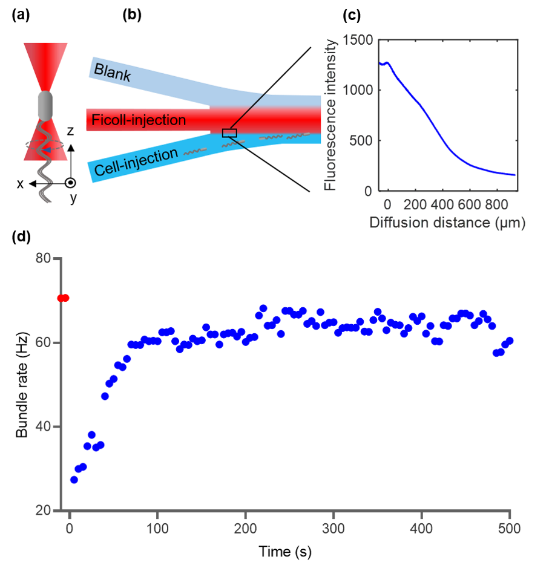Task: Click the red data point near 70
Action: pos(63,298)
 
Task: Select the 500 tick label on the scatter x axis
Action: pos(510,528)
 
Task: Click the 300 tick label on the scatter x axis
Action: pos(333,528)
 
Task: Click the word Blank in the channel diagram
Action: pos(113,70)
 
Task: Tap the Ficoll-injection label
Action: pos(139,120)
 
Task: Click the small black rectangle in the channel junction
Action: pos(229,133)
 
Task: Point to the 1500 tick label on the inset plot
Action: pos(357,41)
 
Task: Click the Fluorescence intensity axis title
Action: pos(330,115)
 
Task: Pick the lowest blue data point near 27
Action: pos(74,480)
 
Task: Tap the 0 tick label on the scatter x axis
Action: pos(70,528)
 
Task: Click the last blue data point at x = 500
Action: pos(510,341)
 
